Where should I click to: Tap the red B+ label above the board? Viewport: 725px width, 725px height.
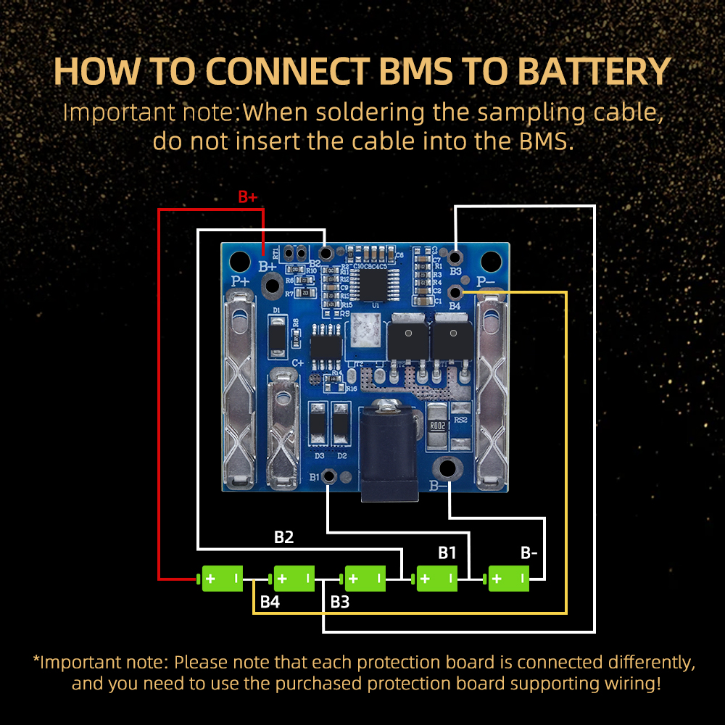(248, 197)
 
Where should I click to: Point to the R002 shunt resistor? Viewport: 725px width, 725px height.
(437, 426)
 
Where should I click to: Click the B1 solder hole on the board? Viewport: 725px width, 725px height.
(328, 476)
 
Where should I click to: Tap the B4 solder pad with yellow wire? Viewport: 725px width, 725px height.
(455, 292)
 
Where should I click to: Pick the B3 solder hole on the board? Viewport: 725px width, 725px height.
(455, 257)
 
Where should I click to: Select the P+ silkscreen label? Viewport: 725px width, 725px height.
(239, 281)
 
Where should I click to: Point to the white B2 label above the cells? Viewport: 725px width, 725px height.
(283, 537)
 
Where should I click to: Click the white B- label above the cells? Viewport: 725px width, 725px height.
(529, 553)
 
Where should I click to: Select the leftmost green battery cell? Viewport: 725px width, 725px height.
(222, 579)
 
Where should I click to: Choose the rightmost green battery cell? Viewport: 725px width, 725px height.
(509, 579)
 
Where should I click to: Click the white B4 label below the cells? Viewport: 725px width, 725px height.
(270, 602)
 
